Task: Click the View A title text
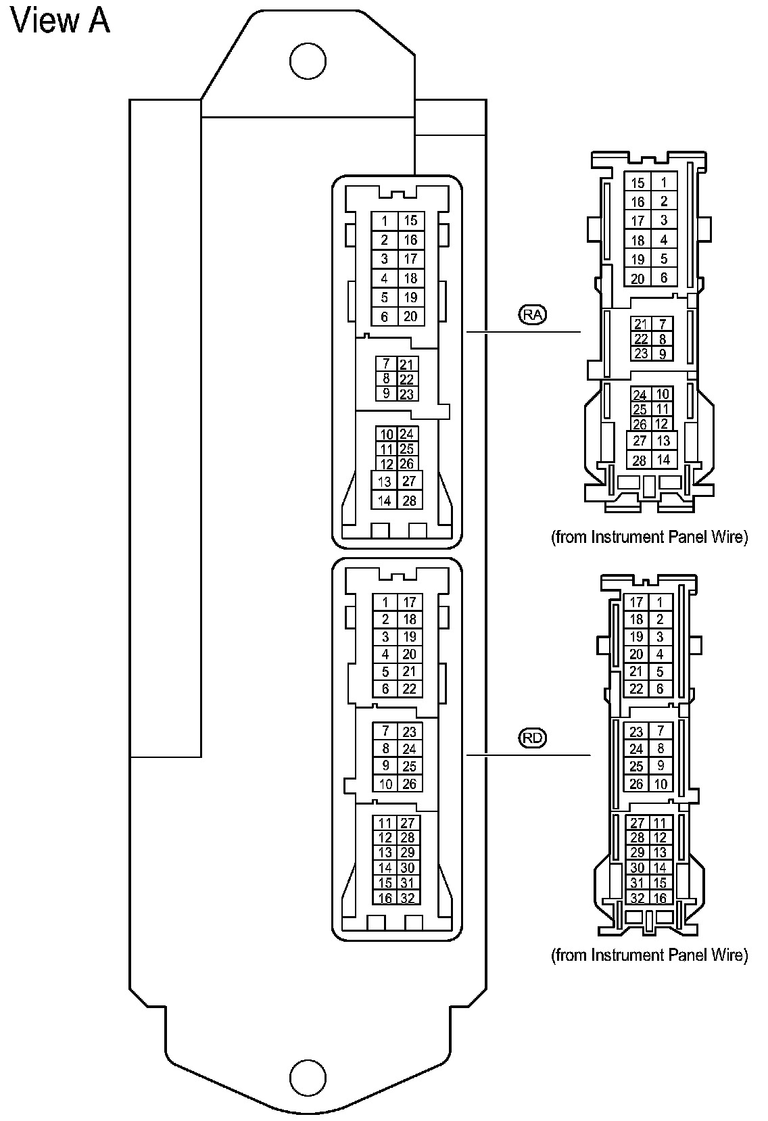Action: (x=61, y=21)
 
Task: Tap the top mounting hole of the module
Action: (x=308, y=61)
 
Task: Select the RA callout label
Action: (x=533, y=314)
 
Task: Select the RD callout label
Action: (x=533, y=738)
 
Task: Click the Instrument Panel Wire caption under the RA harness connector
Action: (x=650, y=538)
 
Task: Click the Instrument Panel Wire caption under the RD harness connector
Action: (x=650, y=955)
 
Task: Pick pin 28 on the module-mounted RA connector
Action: (x=409, y=501)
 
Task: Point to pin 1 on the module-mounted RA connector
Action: (x=385, y=221)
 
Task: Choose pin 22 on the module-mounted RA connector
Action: (x=407, y=379)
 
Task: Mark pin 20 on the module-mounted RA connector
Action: (x=410, y=316)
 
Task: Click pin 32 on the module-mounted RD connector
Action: (x=408, y=899)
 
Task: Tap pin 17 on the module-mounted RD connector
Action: (x=410, y=602)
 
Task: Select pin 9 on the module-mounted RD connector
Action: (x=385, y=766)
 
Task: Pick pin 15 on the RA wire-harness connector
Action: (x=638, y=183)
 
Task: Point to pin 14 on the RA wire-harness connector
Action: (x=663, y=460)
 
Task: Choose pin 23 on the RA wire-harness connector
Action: (x=641, y=354)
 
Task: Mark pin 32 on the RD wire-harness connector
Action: (x=637, y=899)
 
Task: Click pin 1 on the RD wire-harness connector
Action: (x=661, y=602)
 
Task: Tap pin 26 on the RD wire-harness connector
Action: (x=636, y=784)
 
